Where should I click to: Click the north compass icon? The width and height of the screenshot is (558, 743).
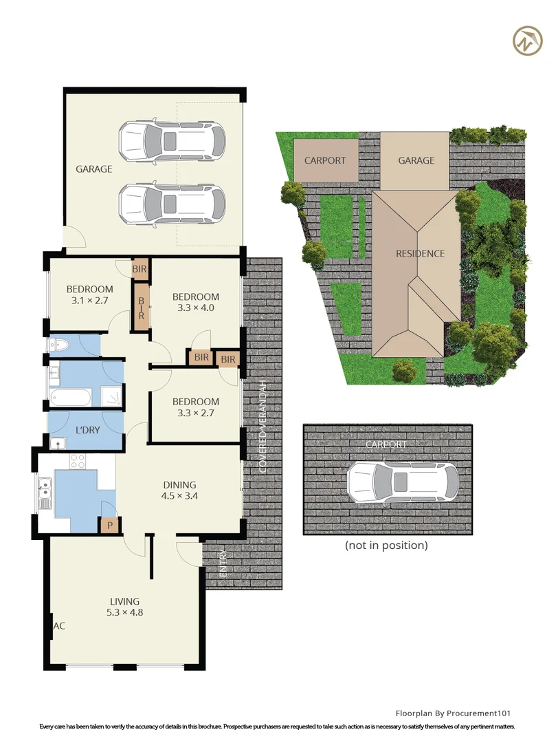528,41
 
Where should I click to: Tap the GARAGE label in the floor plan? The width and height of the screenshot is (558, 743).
93,169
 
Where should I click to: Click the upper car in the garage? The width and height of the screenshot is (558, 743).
172,141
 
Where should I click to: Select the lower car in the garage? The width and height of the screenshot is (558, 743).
172,204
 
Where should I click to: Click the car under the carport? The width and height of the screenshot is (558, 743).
403,482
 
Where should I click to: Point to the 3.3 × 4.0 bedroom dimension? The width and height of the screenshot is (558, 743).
195,308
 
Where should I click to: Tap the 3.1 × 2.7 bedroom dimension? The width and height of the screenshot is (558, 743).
89,300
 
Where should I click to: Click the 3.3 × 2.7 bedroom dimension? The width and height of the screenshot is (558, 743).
195,413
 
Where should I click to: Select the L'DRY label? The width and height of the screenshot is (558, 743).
87,430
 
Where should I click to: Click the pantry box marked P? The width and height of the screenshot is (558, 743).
110,525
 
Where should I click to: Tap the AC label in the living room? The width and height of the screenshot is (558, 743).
59,626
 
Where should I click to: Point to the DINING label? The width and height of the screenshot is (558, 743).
179,485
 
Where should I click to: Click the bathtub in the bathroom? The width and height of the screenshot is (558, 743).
71,397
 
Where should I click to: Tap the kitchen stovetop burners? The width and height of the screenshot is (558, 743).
77,461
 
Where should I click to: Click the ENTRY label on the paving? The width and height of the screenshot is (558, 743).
223,563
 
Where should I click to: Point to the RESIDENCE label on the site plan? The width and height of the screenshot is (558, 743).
421,253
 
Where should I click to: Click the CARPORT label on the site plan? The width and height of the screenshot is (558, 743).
325,160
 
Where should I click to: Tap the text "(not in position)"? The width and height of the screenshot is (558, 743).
386,546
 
